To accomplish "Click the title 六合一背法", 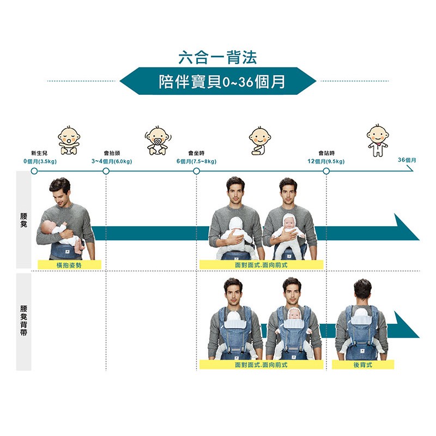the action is [217, 57].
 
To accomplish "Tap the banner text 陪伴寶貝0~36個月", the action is [222, 81].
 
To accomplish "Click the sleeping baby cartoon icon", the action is [69, 140].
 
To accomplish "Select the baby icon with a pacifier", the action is [158, 141].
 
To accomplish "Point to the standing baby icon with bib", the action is [377, 141].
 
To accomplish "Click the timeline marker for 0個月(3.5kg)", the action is [34, 171].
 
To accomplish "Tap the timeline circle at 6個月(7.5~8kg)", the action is [196, 171].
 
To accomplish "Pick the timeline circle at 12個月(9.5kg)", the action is [326, 171].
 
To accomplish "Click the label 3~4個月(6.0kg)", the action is [112, 161].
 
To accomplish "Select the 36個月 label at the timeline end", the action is [407, 160].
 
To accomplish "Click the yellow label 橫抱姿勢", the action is [69, 265].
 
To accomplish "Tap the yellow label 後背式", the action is [363, 365].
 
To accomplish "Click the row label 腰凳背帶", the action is [23, 320].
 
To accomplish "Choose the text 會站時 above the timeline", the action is [326, 153].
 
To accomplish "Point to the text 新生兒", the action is [39, 153].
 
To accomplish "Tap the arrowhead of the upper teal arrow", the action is [407, 227].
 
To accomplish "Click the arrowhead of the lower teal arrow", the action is [407, 325].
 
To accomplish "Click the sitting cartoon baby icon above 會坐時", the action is [260, 141].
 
